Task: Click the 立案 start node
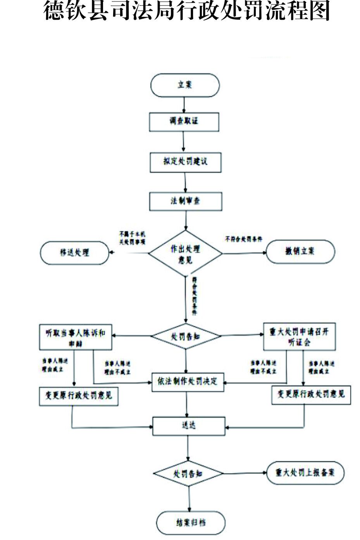pos(185,85)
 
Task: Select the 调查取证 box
pos(184,122)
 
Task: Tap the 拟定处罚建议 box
pos(185,162)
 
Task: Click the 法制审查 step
pos(186,201)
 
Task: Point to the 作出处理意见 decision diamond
pos(186,254)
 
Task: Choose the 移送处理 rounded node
pos(74,253)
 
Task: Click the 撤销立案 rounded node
pos(300,251)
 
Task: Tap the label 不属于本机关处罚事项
pos(132,238)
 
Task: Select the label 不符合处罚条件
pos(243,239)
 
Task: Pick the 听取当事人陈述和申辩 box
pos(76,337)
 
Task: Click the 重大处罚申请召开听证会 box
pos(299,337)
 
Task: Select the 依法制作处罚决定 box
pos(188,382)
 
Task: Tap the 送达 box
pos(189,426)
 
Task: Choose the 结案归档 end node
pos(191,523)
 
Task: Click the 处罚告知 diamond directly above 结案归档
pos(188,473)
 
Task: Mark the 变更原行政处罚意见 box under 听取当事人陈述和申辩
pos(79,396)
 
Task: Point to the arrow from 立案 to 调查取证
pos(184,105)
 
